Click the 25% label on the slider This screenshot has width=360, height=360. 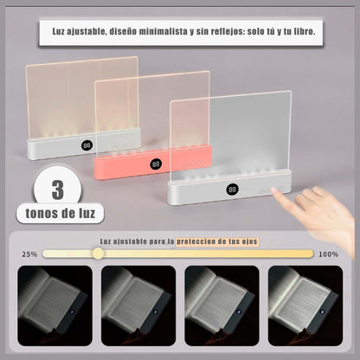[29, 254]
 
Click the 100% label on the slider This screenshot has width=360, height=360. [329, 254]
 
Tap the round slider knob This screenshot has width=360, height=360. [98, 254]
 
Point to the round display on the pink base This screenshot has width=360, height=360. [156, 164]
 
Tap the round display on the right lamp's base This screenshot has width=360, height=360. [233, 189]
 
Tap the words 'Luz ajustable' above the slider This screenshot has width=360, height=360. [124, 241]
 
